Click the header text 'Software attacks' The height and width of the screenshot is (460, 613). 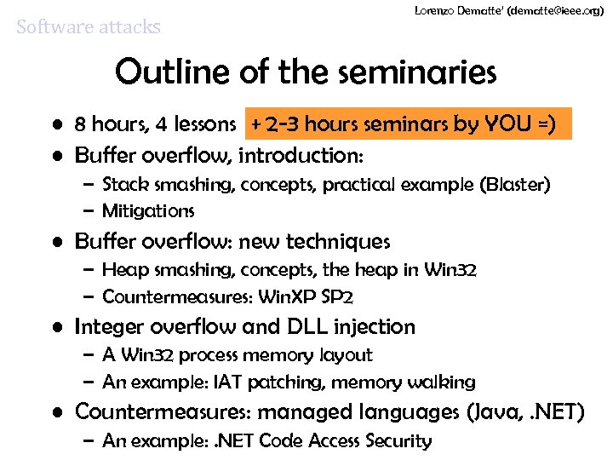89,26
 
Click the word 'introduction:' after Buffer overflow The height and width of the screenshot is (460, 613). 301,156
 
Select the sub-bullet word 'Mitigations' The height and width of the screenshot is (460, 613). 148,210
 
